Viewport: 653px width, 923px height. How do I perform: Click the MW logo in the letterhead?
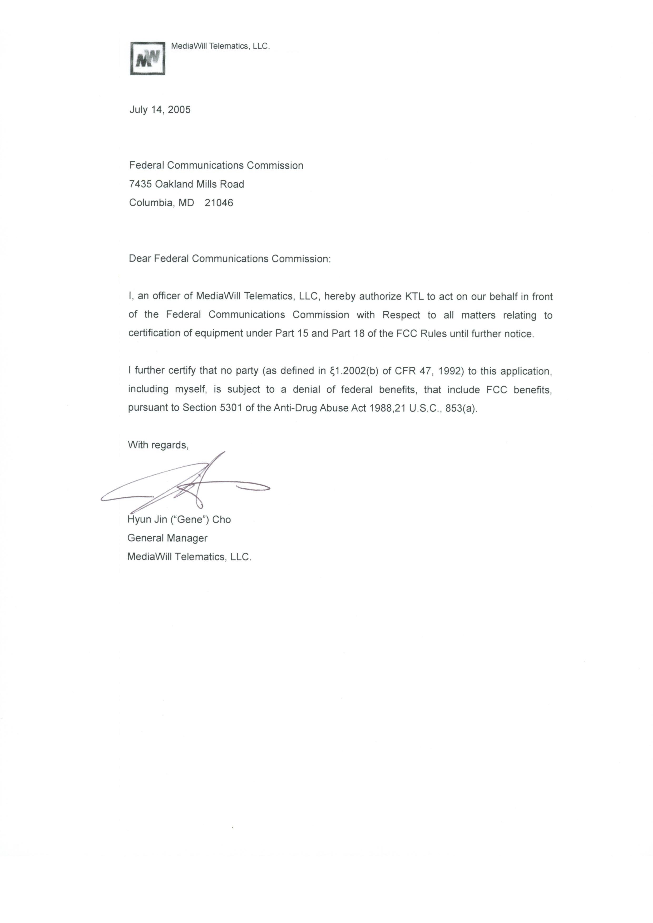tap(147, 58)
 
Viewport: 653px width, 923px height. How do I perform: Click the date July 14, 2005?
tap(160, 110)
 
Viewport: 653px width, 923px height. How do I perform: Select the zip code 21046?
tap(219, 203)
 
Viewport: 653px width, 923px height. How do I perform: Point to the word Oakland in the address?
tap(174, 184)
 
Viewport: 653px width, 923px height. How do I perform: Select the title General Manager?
tap(167, 538)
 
